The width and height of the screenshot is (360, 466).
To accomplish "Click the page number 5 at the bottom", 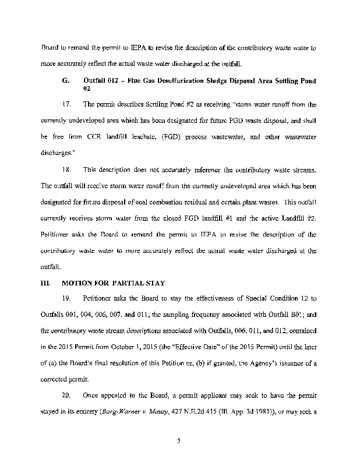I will tap(180, 440).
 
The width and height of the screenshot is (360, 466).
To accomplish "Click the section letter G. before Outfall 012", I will tap(65, 78).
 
